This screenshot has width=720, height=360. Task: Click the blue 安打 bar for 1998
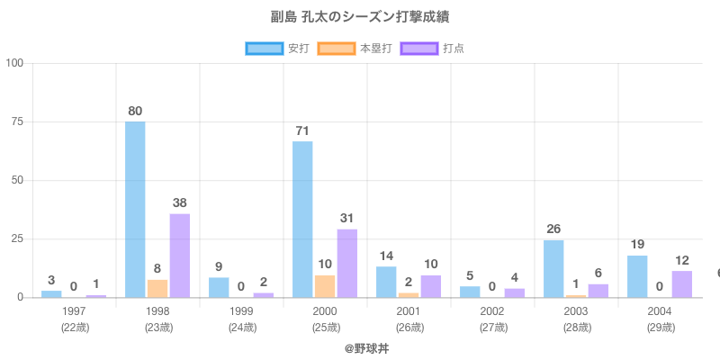click(135, 209)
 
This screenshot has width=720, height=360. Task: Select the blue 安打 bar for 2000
click(302, 219)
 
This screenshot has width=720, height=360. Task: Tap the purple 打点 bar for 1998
click(180, 255)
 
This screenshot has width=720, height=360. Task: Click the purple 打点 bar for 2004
click(682, 283)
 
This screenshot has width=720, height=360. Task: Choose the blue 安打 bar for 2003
click(553, 268)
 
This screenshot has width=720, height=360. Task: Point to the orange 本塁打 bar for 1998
click(157, 288)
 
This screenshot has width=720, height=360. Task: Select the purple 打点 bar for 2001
click(431, 286)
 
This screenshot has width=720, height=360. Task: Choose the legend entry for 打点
click(436, 48)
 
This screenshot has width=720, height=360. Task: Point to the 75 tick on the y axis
click(14, 122)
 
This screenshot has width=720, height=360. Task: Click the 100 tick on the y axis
click(14, 64)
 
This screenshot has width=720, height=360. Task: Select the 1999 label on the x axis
click(241, 310)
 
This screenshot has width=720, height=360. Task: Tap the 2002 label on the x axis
click(492, 310)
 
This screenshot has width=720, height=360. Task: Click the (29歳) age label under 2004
click(660, 327)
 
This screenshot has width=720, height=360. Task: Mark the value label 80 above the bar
click(135, 111)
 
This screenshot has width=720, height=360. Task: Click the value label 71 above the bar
click(302, 131)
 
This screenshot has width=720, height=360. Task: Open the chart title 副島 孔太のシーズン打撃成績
click(360, 17)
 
